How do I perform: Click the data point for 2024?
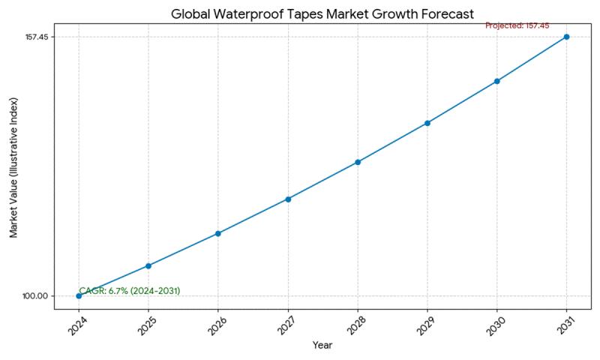click(79, 295)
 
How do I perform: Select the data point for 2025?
click(148, 265)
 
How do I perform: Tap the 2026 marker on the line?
click(218, 233)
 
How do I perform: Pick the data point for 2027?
click(288, 199)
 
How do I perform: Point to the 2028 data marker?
click(358, 162)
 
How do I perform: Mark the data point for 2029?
click(427, 123)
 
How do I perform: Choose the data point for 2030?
click(496, 81)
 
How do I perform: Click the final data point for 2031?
click(566, 37)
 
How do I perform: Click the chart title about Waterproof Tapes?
click(322, 14)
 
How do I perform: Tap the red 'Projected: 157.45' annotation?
click(517, 25)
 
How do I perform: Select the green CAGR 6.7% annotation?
click(130, 291)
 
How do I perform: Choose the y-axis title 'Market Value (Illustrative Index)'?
click(13, 166)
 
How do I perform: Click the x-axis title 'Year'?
click(322, 346)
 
